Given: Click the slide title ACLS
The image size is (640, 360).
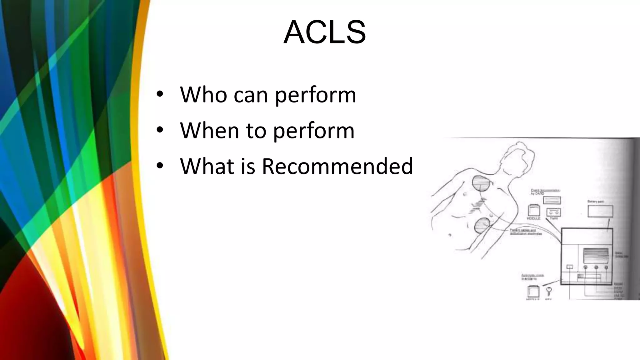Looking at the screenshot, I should [324, 32].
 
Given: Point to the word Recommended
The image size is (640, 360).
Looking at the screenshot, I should [337, 166].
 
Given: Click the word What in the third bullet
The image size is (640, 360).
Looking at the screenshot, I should [207, 166].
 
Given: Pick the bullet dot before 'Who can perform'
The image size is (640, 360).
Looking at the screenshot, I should [160, 94].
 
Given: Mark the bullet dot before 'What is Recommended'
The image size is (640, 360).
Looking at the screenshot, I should [160, 166].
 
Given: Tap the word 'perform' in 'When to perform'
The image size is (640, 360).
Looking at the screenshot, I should [314, 131].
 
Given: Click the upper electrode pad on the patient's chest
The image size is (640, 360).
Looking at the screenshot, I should [481, 184].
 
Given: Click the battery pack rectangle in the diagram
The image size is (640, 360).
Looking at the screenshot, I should [600, 211].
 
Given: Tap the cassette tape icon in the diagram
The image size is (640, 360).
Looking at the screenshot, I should [553, 212].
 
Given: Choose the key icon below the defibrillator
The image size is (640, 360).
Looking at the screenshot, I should [549, 292].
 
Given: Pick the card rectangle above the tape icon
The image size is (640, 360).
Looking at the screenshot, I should [552, 200].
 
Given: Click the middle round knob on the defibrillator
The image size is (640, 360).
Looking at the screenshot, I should [596, 267].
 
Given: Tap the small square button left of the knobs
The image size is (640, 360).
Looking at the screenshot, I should [570, 267].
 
